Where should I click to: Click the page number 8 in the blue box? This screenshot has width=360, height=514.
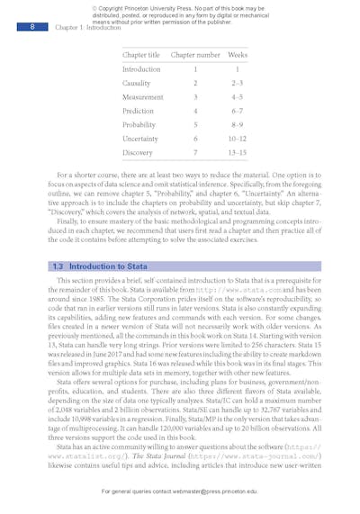click(32, 28)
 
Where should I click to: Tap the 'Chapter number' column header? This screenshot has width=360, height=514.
click(195, 55)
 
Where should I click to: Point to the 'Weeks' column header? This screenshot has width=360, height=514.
click(238, 55)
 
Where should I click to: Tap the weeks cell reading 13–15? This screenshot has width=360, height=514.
click(238, 153)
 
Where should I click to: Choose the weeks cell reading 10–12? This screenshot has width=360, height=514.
click(238, 139)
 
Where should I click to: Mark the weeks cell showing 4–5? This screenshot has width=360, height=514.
click(238, 96)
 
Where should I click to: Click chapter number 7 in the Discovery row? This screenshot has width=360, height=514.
click(195, 153)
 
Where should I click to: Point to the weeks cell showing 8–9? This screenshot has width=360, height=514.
click(238, 124)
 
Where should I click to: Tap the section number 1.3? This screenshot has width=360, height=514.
click(58, 266)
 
